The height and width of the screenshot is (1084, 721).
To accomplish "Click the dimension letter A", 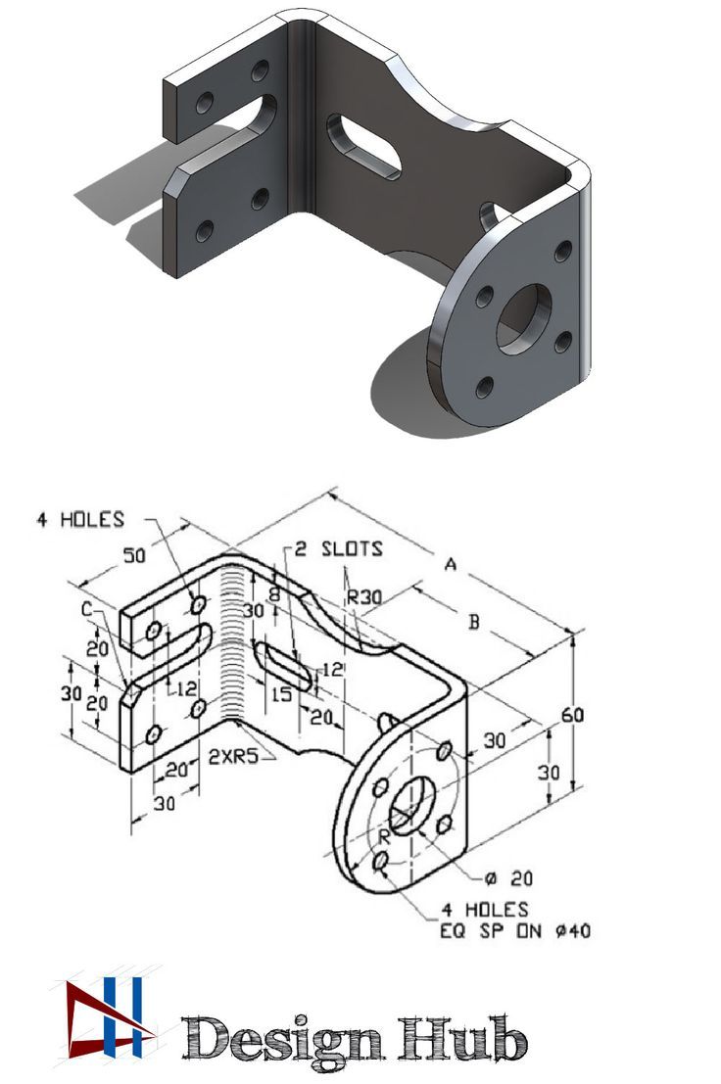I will click(451, 564).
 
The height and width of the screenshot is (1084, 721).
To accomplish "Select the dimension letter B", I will click(474, 622).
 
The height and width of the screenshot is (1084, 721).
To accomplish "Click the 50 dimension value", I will click(136, 555).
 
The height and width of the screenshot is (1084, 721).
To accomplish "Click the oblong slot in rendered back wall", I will click(363, 148).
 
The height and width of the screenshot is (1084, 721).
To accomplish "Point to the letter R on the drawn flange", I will click(385, 836).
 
